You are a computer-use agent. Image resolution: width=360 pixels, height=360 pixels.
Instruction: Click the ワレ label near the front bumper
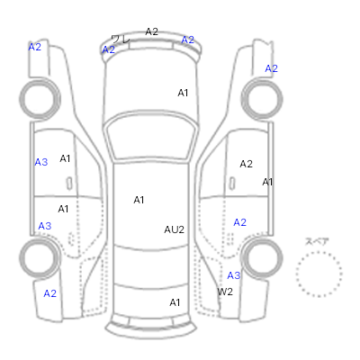tap(121, 40)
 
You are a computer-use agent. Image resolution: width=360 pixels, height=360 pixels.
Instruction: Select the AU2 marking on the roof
tap(174, 229)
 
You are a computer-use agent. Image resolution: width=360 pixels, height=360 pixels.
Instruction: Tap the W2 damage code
tap(225, 292)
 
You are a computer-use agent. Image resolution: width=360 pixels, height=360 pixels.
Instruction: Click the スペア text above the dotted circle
tap(317, 241)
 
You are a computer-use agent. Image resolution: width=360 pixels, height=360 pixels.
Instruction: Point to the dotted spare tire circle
tap(319, 252)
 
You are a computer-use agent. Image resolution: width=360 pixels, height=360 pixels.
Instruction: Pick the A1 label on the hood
tap(183, 93)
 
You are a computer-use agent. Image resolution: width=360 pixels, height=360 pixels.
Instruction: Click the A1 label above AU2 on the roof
tap(139, 200)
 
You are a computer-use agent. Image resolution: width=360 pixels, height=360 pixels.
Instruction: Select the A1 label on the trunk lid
tap(175, 302)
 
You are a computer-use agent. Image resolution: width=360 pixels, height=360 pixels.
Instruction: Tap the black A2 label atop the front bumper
tap(152, 31)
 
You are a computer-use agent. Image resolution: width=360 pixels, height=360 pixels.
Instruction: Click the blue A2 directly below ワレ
tap(109, 49)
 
